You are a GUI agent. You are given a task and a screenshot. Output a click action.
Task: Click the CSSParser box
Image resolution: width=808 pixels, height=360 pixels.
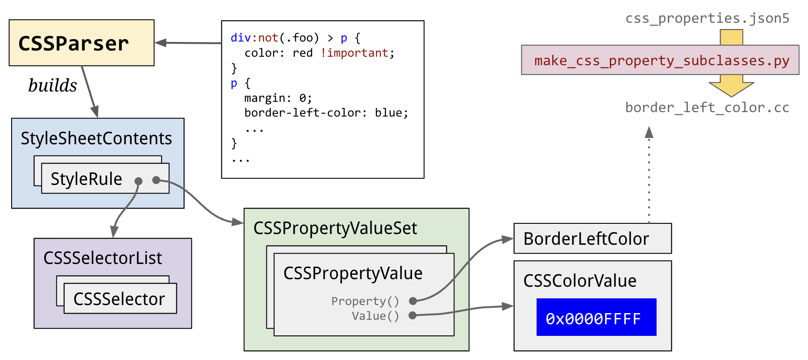click(81, 43)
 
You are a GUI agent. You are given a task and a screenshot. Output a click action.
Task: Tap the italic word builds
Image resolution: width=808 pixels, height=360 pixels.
click(53, 85)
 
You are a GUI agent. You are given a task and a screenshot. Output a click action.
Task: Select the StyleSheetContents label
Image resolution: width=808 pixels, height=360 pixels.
click(96, 138)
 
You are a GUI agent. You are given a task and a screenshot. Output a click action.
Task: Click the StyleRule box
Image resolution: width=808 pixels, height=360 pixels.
click(105, 179)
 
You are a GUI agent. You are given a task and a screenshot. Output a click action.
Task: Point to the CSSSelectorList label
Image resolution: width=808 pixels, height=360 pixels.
click(103, 258)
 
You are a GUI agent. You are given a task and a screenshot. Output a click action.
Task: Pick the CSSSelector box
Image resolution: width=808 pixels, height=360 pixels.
click(120, 299)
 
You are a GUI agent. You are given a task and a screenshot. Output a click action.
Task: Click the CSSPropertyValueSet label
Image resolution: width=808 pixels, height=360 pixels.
click(335, 228)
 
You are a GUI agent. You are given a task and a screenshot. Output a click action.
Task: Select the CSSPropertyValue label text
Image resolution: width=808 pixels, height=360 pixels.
click(353, 273)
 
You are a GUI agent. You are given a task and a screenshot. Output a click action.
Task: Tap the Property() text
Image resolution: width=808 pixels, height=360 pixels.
click(365, 301)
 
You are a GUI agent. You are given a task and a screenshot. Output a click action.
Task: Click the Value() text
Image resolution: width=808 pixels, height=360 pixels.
click(375, 316)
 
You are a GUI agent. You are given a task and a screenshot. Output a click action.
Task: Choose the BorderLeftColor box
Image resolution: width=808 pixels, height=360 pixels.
click(592, 239)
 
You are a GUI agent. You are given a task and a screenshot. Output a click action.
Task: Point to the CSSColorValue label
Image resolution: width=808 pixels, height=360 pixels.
click(580, 281)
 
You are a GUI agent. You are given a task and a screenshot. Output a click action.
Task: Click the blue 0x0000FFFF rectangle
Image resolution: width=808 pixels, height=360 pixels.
click(596, 317)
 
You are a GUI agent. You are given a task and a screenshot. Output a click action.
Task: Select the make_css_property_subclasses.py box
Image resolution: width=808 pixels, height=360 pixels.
click(660, 60)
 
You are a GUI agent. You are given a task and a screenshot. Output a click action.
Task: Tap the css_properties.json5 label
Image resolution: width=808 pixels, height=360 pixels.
click(707, 18)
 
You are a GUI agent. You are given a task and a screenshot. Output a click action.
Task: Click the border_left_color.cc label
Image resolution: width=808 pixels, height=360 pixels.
click(707, 108)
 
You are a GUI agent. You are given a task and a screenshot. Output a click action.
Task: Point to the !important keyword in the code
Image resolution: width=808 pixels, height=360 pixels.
click(354, 53)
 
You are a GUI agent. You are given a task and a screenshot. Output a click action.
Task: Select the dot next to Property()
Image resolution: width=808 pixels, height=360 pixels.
click(413, 301)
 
